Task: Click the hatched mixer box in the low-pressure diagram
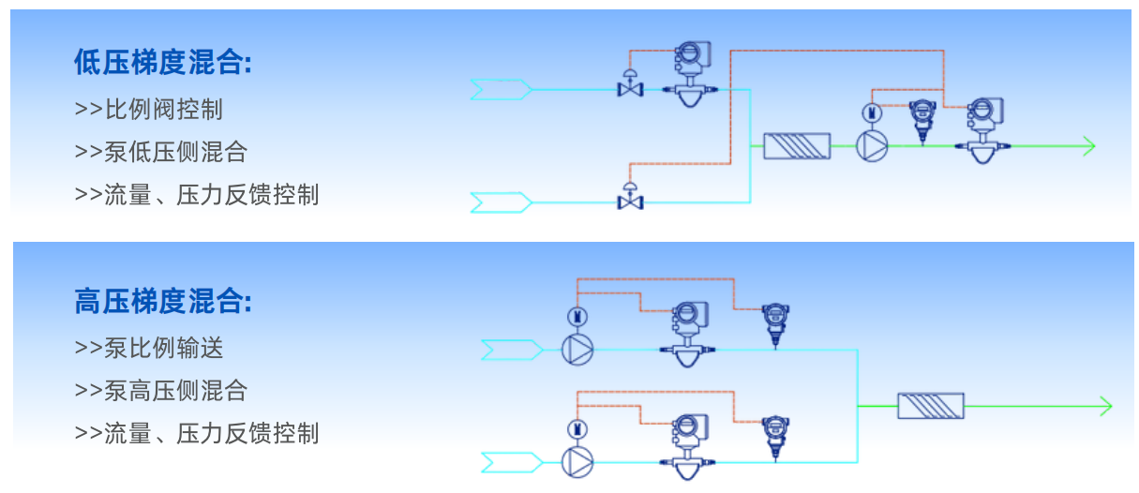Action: (797, 145)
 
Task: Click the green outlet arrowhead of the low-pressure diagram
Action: (1087, 145)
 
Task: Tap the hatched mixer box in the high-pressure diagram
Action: (930, 406)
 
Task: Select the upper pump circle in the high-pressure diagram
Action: (577, 350)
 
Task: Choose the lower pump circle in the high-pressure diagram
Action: (577, 461)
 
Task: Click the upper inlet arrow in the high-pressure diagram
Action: (512, 350)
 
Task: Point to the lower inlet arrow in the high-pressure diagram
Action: (512, 461)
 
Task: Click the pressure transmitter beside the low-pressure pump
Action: (923, 119)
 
